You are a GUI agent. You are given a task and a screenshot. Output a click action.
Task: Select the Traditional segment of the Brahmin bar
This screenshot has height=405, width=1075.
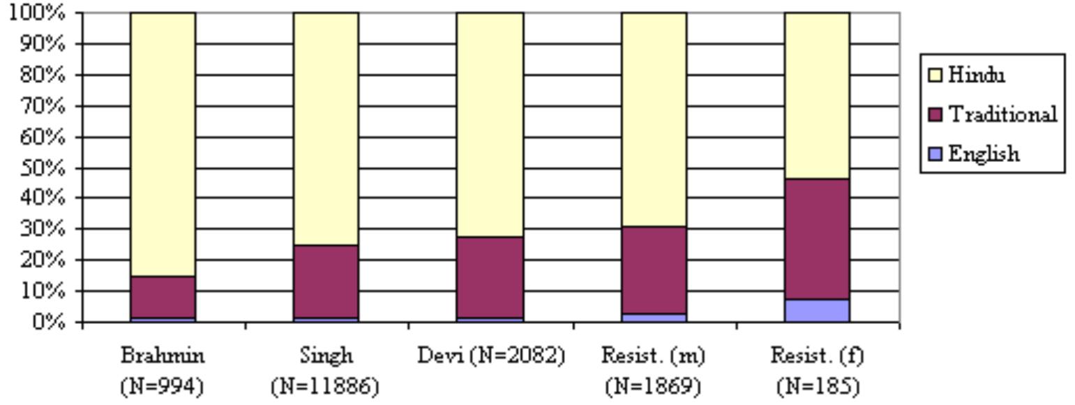pyautogui.click(x=163, y=297)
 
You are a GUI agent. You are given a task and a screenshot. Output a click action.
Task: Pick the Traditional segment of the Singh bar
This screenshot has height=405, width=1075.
pyautogui.click(x=326, y=281)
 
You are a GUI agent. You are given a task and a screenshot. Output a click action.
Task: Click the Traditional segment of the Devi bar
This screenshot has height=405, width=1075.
pyautogui.click(x=490, y=277)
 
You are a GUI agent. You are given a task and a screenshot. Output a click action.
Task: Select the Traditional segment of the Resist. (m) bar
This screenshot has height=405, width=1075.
pyautogui.click(x=654, y=270)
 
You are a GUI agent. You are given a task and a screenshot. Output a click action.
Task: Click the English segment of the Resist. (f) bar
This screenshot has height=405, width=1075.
pyautogui.click(x=817, y=311)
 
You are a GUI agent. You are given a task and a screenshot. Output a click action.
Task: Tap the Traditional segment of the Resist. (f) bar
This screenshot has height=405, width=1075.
pyautogui.click(x=817, y=239)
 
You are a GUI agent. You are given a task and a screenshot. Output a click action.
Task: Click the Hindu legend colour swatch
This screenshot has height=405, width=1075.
pyautogui.click(x=935, y=75)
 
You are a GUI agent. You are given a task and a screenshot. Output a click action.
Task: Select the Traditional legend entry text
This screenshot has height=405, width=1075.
pyautogui.click(x=1002, y=114)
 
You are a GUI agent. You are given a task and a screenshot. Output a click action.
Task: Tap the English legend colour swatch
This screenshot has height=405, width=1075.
pyautogui.click(x=935, y=154)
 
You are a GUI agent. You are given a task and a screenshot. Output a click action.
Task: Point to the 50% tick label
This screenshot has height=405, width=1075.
pyautogui.click(x=45, y=168)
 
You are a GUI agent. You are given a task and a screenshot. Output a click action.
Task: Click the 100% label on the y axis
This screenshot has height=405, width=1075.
pyautogui.click(x=39, y=13)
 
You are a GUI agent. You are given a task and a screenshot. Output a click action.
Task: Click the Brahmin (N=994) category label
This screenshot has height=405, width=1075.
pyautogui.click(x=163, y=370)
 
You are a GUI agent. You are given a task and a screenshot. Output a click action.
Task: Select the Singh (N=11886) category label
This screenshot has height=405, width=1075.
pyautogui.click(x=326, y=370)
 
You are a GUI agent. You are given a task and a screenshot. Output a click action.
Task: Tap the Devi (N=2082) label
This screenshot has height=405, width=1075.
pyautogui.click(x=490, y=356)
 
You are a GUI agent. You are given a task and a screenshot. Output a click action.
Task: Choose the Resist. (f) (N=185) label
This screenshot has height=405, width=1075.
pyautogui.click(x=817, y=370)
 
